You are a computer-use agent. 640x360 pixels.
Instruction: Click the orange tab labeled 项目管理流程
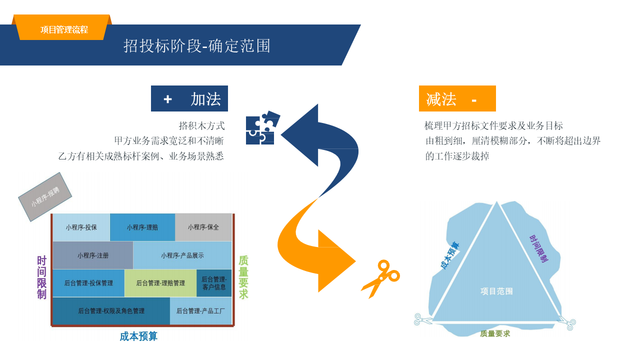64,29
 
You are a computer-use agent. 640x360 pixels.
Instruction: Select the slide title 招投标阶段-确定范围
197,45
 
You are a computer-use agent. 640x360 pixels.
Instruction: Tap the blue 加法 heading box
189,98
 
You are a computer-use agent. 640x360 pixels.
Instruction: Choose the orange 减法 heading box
457,98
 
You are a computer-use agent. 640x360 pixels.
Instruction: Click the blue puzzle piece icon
261,128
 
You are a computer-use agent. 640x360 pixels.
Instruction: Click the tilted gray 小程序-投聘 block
45,197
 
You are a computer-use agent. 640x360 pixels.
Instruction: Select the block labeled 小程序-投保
81,227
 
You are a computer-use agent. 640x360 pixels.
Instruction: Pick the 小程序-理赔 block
142,227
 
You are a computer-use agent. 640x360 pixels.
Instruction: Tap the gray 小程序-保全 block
203,227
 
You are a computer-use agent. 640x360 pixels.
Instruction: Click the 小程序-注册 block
93,255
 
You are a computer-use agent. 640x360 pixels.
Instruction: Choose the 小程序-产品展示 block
182,255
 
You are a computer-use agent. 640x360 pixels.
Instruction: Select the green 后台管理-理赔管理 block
160,283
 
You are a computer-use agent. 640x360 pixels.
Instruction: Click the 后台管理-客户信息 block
214,283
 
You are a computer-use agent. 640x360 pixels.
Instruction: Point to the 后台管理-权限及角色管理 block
111,311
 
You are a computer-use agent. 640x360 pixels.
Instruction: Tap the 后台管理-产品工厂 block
200,311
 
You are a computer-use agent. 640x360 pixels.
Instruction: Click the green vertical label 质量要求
243,277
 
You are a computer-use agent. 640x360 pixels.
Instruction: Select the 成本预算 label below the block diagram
138,336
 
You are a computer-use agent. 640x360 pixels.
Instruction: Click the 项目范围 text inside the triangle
496,291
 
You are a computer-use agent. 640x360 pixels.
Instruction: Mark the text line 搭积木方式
201,125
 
